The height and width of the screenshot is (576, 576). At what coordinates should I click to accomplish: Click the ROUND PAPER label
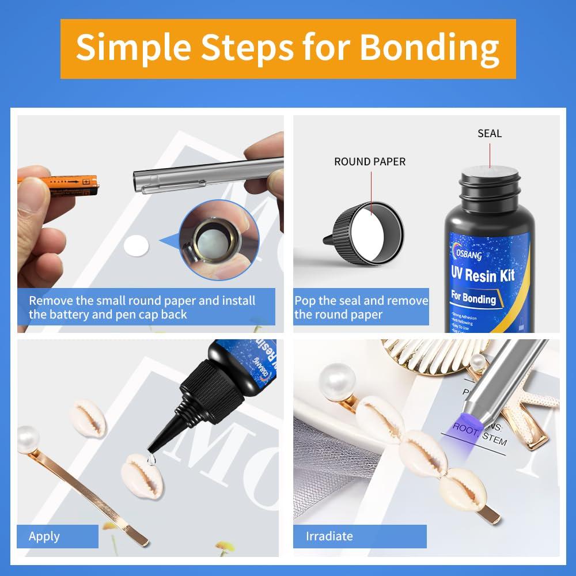pyautogui.click(x=370, y=162)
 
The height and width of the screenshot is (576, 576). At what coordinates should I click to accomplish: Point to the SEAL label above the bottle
pyautogui.click(x=489, y=133)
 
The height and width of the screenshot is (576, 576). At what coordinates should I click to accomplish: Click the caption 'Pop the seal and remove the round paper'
pyautogui.click(x=361, y=308)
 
